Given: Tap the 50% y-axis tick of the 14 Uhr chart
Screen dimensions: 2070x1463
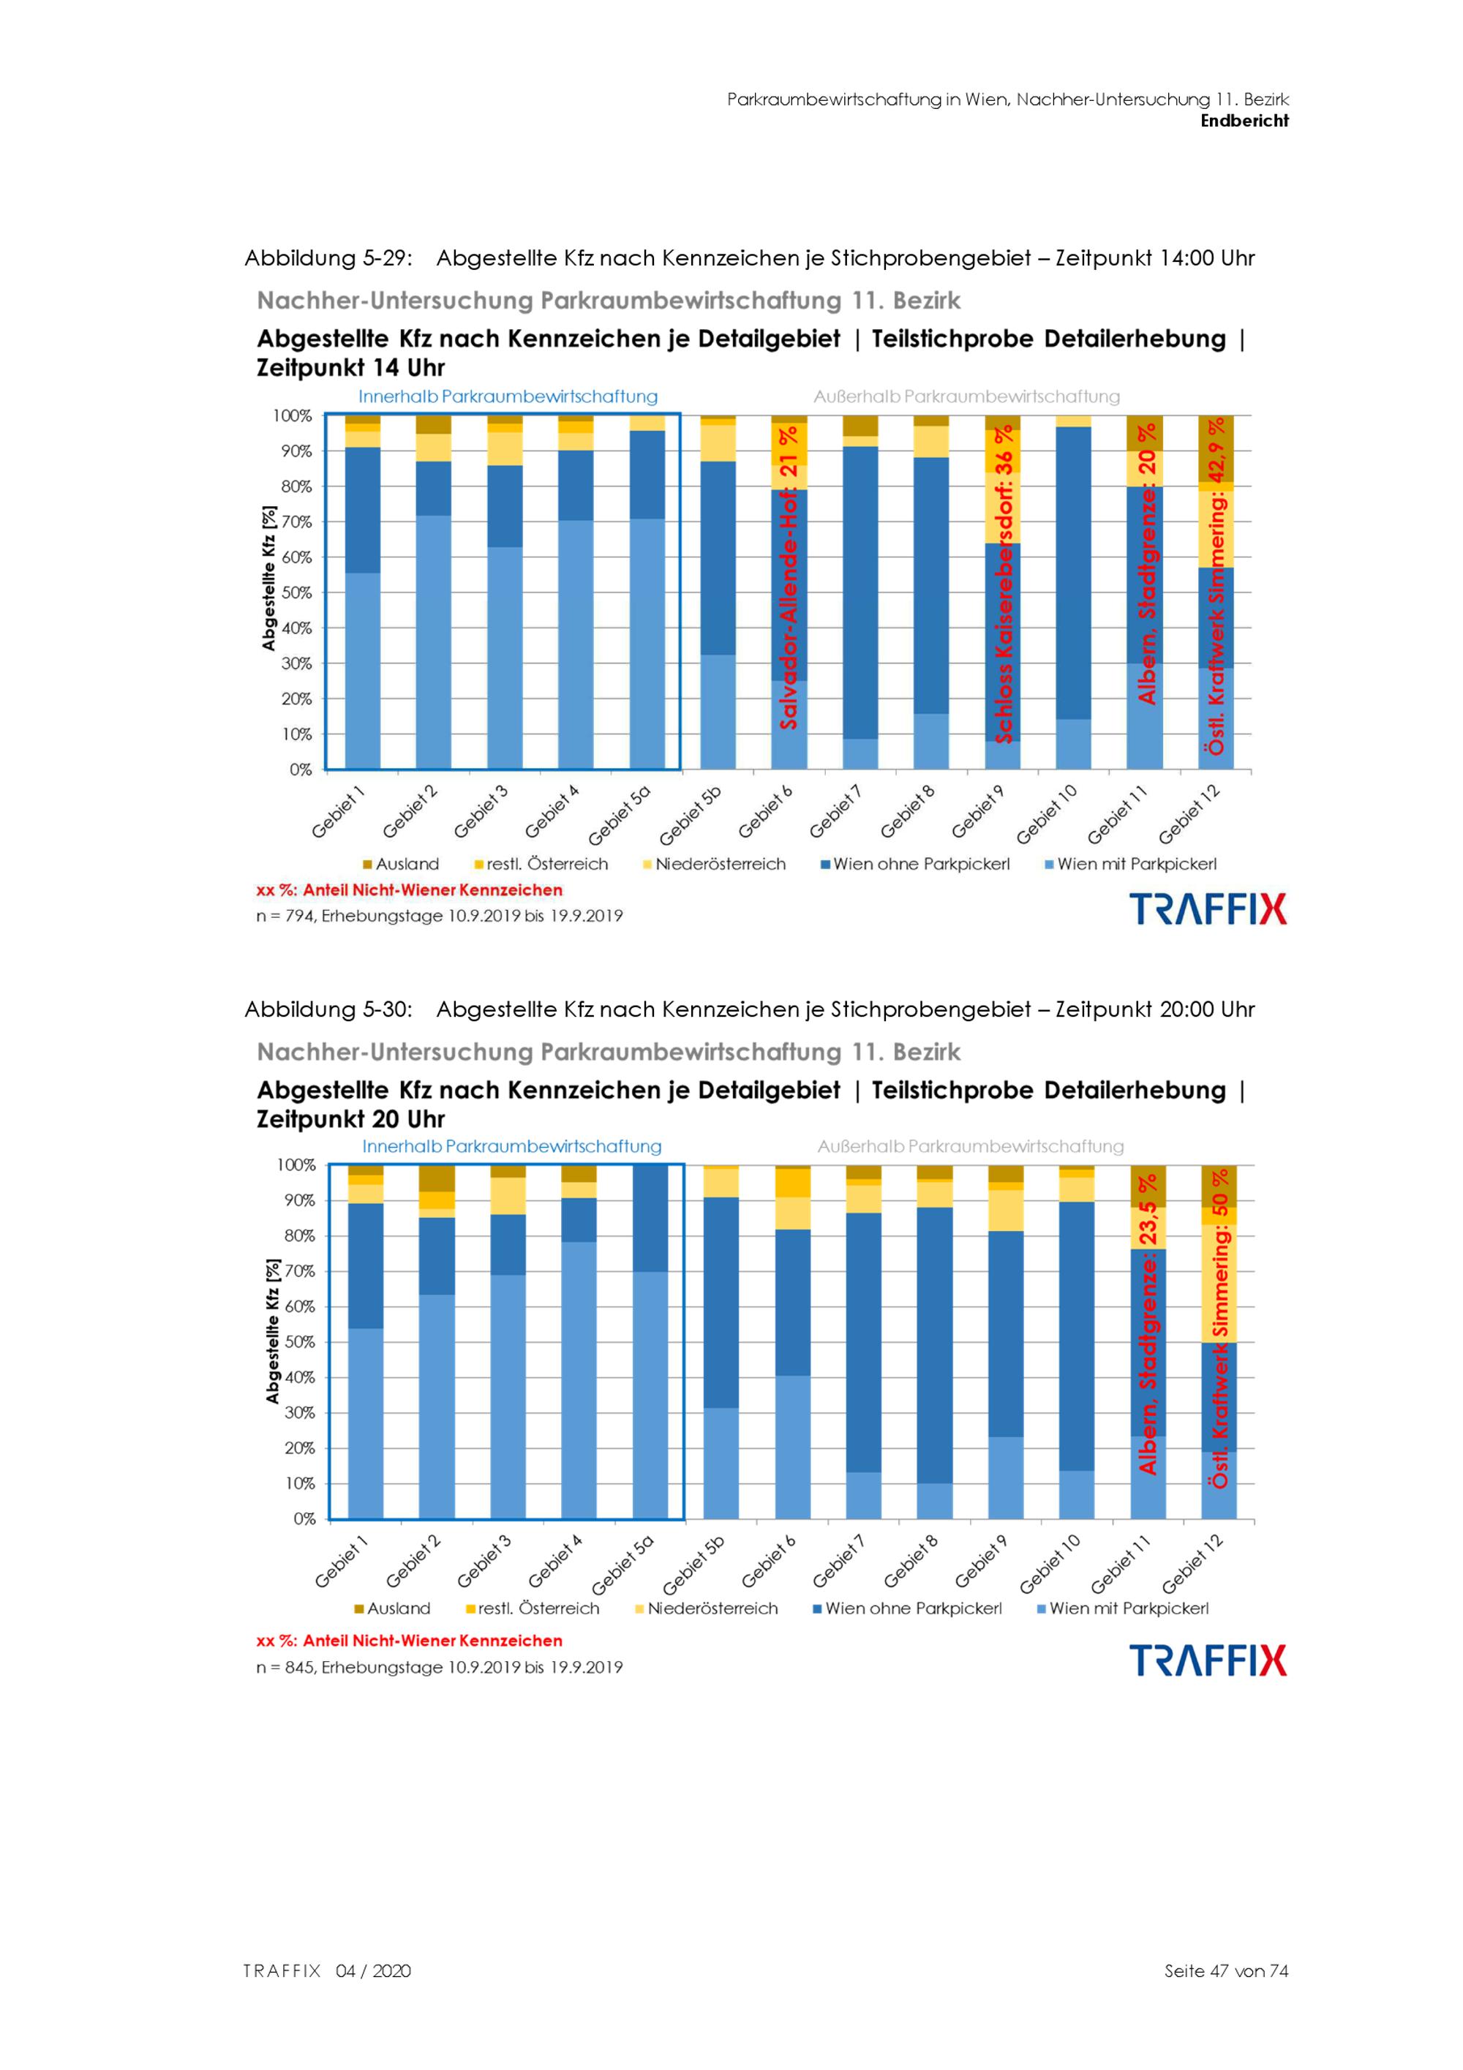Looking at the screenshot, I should click(296, 592).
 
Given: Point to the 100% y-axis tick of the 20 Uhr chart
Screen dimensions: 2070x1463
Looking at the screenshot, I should click(296, 1164).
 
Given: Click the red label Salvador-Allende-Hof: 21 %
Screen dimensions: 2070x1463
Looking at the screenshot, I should click(789, 577).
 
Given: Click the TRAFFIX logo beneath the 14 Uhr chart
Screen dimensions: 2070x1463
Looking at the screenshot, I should click(1208, 908).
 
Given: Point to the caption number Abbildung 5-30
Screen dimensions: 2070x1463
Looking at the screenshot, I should click(328, 1009).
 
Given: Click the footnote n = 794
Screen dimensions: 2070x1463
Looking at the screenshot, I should click(439, 916).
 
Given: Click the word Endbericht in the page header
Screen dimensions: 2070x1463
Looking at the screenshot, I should click(1244, 121).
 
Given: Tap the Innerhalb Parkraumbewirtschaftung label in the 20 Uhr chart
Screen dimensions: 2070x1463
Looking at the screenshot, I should click(511, 1146).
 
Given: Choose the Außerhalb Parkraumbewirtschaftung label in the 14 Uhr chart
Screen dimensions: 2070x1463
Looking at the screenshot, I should click(966, 396).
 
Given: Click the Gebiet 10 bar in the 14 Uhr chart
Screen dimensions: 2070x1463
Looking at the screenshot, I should click(1072, 595).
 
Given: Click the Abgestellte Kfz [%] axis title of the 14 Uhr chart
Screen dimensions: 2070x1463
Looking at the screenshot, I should click(268, 578).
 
